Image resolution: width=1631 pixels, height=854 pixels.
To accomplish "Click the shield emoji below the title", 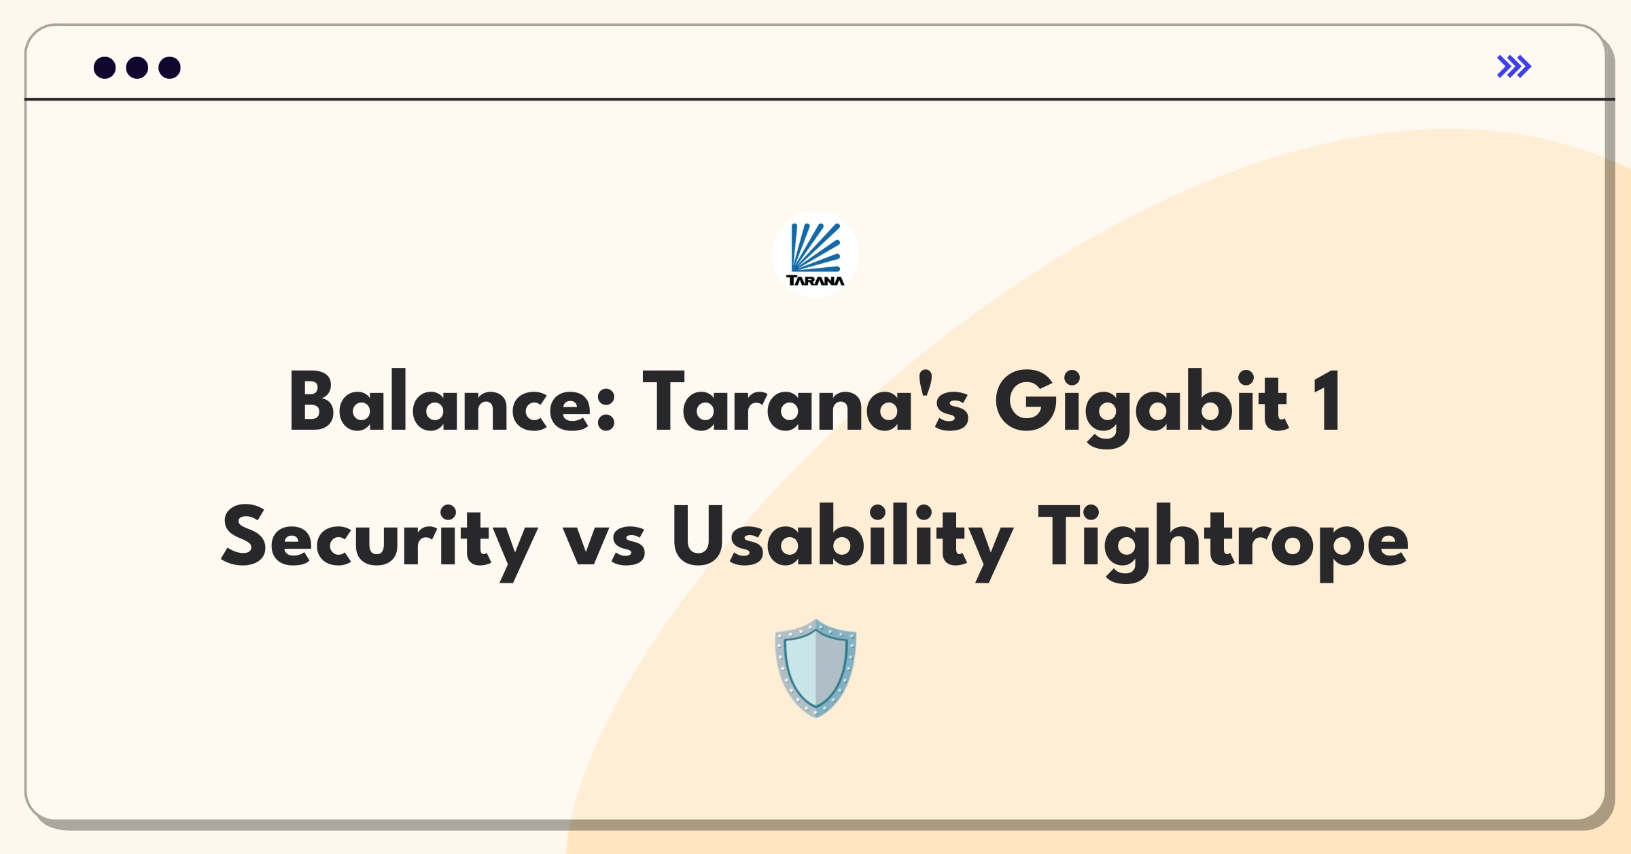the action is pyautogui.click(x=815, y=668).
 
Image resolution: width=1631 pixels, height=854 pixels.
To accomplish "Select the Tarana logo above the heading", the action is pyautogui.click(x=815, y=254).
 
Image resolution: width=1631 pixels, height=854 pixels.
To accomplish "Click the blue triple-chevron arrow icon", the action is pyautogui.click(x=1514, y=67).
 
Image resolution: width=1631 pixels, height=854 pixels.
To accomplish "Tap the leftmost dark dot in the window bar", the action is pyautogui.click(x=105, y=67).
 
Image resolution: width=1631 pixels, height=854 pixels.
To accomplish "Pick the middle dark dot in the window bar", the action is pyautogui.click(x=137, y=67).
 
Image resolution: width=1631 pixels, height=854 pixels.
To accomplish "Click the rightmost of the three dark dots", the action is pyautogui.click(x=170, y=67).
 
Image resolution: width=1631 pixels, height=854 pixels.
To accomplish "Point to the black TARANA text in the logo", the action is pyautogui.click(x=815, y=280).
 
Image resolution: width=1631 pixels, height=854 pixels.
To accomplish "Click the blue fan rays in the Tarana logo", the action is pyautogui.click(x=816, y=247).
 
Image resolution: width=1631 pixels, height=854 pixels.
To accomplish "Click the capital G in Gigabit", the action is pyautogui.click(x=1026, y=401).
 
